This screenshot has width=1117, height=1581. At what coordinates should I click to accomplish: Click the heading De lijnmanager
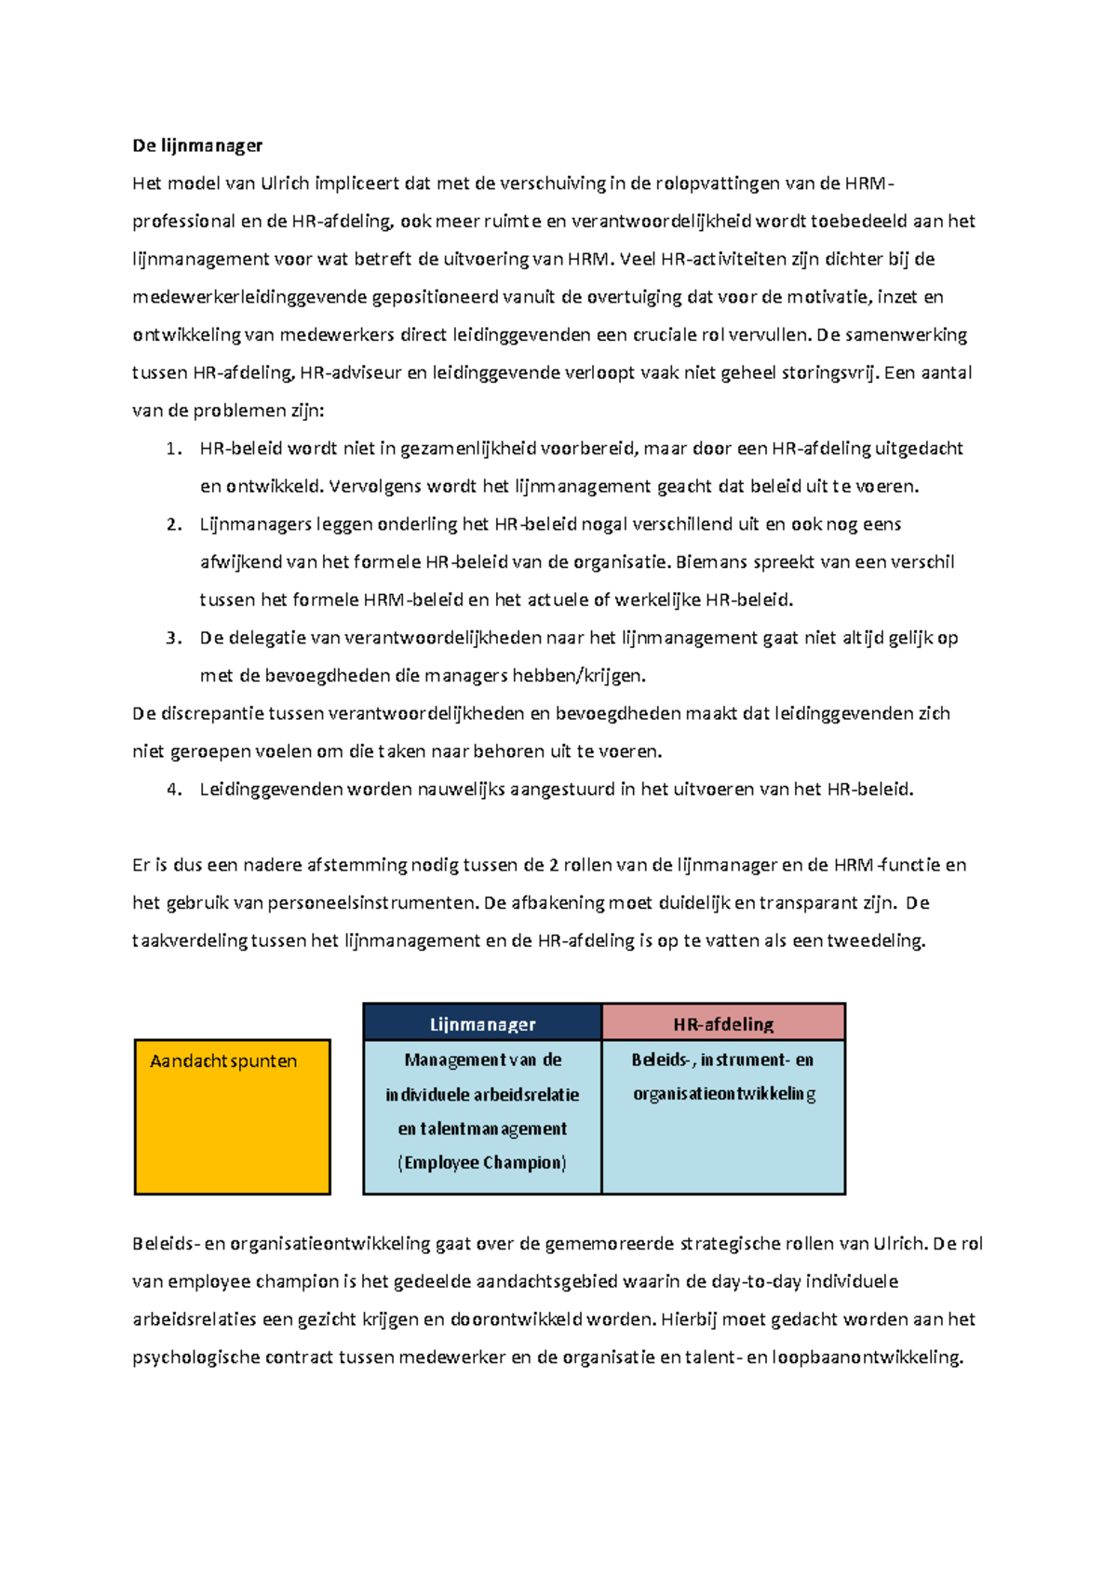click(x=197, y=145)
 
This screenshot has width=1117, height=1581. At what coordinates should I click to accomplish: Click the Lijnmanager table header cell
click(x=482, y=1024)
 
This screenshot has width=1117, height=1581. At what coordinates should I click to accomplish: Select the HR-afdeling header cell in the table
click(x=723, y=1024)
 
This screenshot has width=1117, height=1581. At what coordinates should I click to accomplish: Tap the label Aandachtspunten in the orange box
click(x=223, y=1061)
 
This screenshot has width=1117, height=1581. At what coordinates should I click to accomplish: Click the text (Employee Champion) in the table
click(x=482, y=1163)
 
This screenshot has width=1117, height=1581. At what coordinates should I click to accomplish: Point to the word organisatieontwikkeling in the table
click(x=724, y=1094)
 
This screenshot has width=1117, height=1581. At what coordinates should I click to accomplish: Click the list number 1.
click(x=173, y=449)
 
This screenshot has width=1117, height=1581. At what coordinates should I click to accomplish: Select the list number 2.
click(x=173, y=524)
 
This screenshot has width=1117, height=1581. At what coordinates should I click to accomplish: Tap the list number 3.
click(x=173, y=638)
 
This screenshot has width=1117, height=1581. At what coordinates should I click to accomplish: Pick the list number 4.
click(x=173, y=790)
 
